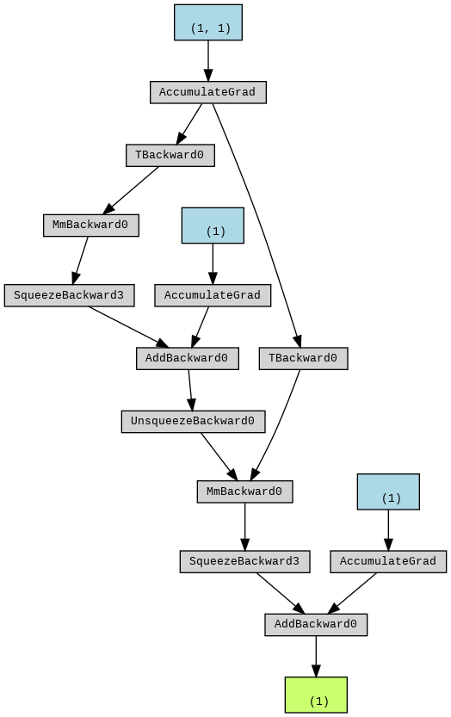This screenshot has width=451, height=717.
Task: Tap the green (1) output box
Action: (316, 695)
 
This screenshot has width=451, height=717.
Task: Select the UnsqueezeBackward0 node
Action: (193, 421)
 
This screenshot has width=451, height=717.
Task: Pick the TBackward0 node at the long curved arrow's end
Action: (303, 358)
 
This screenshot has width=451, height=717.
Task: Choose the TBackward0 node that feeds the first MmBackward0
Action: (170, 156)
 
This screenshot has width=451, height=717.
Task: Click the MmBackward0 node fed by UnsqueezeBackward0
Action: (244, 491)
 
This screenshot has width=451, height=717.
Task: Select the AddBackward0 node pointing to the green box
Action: (316, 624)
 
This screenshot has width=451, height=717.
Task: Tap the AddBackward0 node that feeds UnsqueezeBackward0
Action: (188, 358)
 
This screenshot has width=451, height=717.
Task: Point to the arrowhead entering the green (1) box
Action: (316, 671)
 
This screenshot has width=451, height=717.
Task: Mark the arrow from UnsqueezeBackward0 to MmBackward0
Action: (219, 456)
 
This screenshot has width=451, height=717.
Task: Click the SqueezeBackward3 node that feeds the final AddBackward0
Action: (244, 561)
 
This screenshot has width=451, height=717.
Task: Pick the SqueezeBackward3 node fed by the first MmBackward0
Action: (70, 295)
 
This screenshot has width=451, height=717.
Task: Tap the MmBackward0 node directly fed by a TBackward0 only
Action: (91, 226)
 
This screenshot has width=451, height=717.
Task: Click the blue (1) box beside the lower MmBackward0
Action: (388, 491)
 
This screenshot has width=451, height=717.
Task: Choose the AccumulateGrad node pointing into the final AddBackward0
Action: (388, 561)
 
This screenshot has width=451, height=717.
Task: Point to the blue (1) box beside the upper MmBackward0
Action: (213, 226)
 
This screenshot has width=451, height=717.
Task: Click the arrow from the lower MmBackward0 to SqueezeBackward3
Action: (244, 527)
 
